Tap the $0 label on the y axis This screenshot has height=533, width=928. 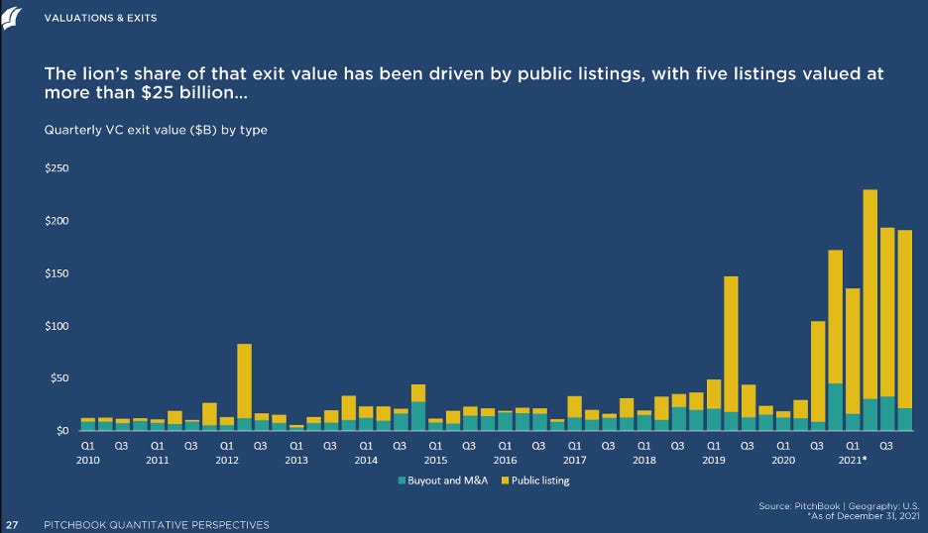pyautogui.click(x=61, y=431)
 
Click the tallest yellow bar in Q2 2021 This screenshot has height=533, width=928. pyautogui.click(x=870, y=293)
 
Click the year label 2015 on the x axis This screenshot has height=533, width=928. pyautogui.click(x=435, y=461)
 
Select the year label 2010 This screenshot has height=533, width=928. pyautogui.click(x=87, y=461)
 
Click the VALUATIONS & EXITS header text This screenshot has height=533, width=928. pyautogui.click(x=100, y=19)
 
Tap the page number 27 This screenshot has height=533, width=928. pyautogui.click(x=13, y=524)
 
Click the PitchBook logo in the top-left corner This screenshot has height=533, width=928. pyautogui.click(x=14, y=18)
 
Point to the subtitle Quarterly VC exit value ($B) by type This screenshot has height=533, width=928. pyautogui.click(x=155, y=130)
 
